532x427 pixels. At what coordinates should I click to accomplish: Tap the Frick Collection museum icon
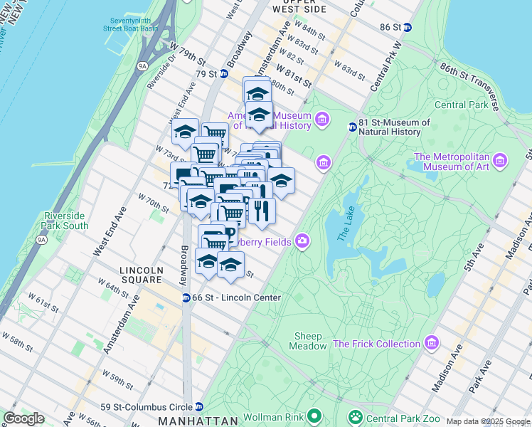coord(432,344)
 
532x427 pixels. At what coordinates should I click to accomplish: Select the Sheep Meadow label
coord(307,341)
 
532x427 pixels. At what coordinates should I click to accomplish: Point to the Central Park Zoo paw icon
coord(353,416)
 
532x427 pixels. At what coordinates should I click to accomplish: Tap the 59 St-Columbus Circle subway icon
coord(199,407)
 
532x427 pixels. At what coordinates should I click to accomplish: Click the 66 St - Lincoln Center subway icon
coord(186,297)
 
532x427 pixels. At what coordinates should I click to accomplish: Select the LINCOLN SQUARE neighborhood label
coord(142,275)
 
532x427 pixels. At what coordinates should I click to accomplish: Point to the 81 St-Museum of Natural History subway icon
coord(352,127)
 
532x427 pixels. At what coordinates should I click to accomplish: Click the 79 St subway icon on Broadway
coord(223,73)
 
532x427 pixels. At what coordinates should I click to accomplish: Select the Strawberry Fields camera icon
coord(303,242)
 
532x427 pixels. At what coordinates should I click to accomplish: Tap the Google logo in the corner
coord(23,418)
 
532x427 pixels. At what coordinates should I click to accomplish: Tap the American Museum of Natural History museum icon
coord(323,118)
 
